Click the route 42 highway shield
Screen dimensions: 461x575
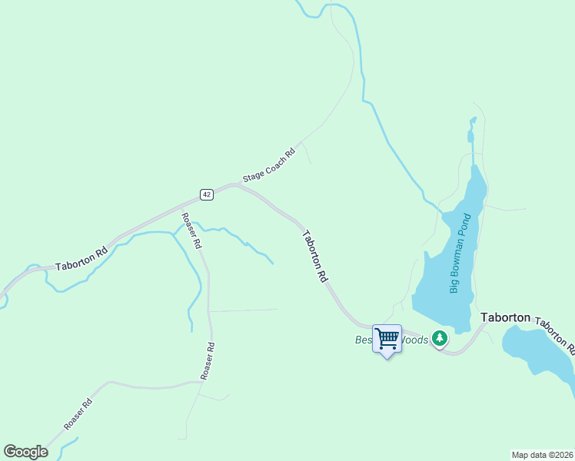[x=206, y=194]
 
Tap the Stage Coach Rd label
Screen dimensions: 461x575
[x=269, y=165]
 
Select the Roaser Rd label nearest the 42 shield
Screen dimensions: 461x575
[x=191, y=230]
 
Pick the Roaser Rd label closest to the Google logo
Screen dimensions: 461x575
[x=78, y=413]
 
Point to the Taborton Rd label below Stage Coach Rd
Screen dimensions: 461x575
[x=316, y=257]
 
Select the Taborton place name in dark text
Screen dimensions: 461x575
[x=505, y=317]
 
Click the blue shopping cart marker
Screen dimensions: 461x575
[x=387, y=339]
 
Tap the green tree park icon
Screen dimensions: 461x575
[x=439, y=338]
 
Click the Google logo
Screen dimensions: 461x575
[x=25, y=452]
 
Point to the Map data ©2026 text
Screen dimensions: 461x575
[x=542, y=454]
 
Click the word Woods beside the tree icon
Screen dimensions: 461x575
[x=415, y=340]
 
